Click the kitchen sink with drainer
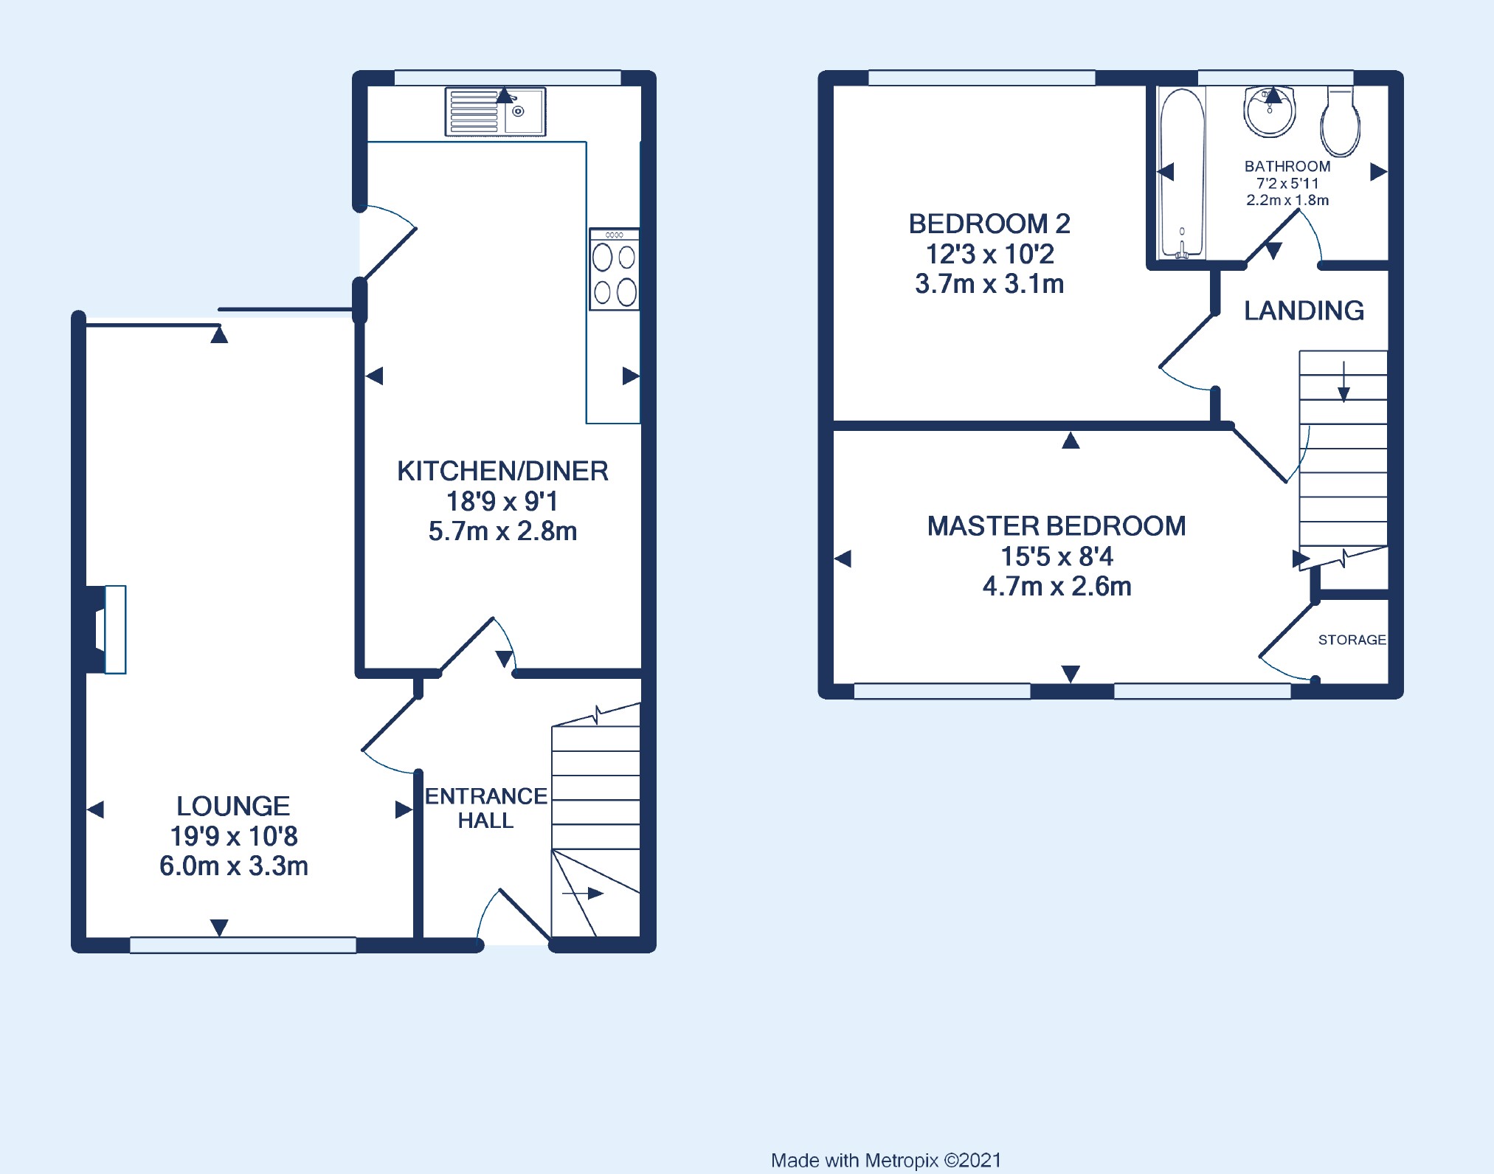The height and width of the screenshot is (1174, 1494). click(495, 111)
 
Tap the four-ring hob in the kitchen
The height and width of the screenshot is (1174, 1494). click(614, 269)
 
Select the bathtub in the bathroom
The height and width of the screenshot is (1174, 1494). click(1182, 173)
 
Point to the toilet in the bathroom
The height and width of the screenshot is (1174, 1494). click(1341, 122)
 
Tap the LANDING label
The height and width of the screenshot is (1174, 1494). click(1304, 311)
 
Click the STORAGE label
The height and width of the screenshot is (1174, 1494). click(1352, 640)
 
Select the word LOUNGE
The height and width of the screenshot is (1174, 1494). click(233, 806)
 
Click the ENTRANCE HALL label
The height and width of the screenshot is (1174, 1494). click(486, 808)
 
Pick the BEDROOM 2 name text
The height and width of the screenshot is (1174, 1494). click(989, 224)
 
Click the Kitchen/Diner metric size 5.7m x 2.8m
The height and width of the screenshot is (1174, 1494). click(502, 531)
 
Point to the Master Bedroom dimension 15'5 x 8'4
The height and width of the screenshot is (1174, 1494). click(1056, 556)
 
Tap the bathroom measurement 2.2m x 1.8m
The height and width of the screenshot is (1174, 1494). click(1287, 200)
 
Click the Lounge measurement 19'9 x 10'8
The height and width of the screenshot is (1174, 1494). click(234, 836)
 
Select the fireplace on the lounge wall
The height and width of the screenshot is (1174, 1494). click(106, 629)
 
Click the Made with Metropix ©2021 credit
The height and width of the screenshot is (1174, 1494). click(886, 1161)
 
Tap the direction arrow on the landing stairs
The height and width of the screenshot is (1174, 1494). click(1343, 381)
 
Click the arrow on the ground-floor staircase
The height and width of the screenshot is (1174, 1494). click(583, 894)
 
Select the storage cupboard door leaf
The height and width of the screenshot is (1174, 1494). click(1287, 629)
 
